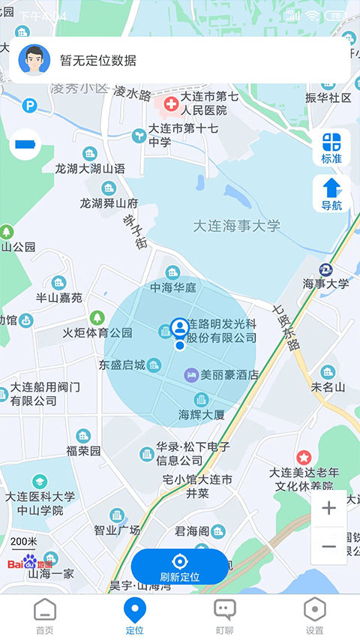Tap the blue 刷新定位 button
tap(179, 567)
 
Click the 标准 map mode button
tap(331, 148)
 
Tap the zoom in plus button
tap(328, 509)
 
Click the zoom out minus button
tap(328, 546)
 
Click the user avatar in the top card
tap(34, 61)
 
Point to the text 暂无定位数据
tap(98, 61)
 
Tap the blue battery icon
tap(26, 143)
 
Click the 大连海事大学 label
tap(236, 226)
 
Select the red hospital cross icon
tap(170, 102)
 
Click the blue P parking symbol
tap(30, 106)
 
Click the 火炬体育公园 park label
tap(97, 332)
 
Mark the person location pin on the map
tap(179, 329)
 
